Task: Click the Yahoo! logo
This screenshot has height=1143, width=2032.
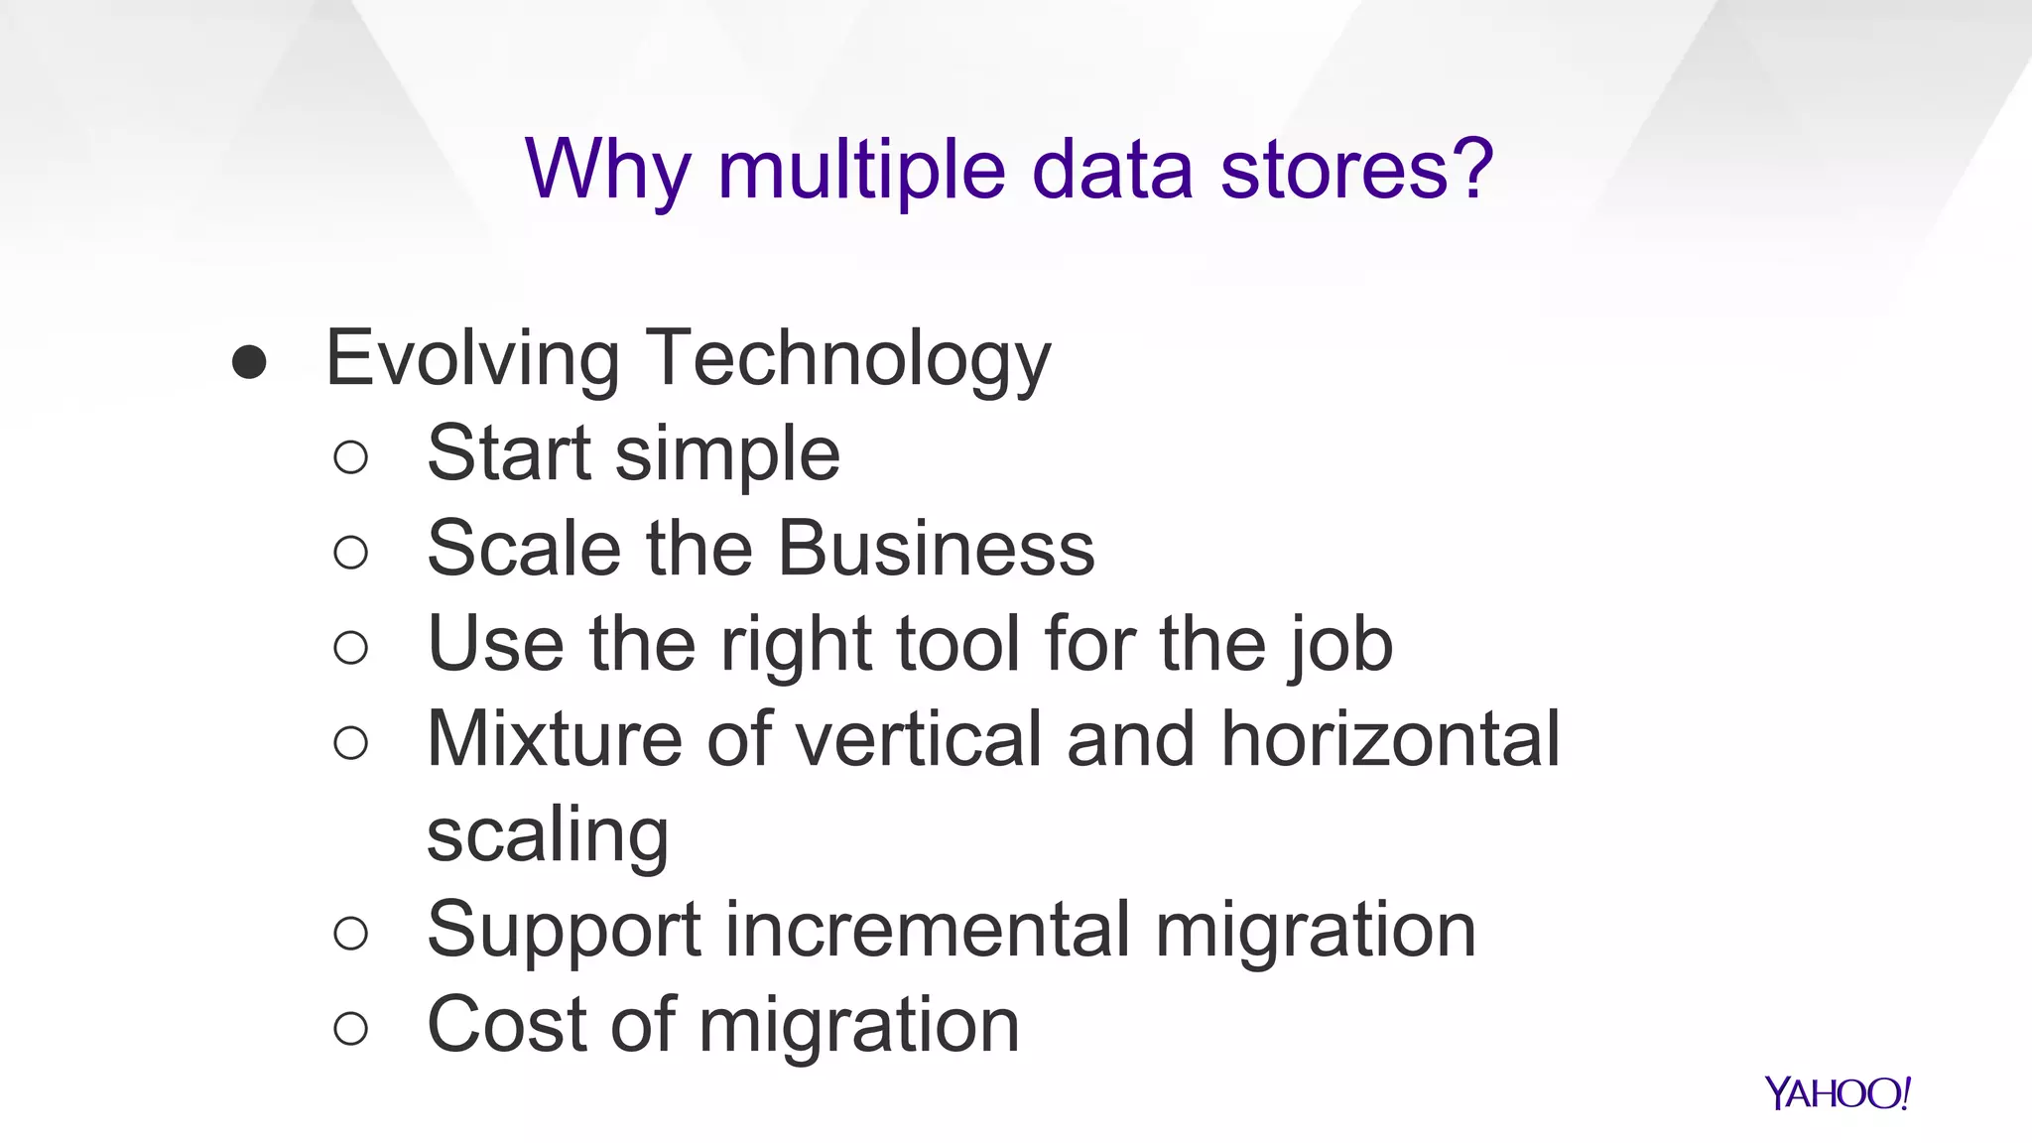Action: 1837,1093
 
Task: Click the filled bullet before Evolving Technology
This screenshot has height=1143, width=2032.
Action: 249,362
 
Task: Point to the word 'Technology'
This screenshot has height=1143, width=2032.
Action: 848,358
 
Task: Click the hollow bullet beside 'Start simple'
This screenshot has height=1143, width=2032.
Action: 351,457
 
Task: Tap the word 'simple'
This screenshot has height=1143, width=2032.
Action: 727,454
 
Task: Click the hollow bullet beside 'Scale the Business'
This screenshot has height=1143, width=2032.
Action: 351,553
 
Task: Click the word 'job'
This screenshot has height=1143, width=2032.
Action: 1341,645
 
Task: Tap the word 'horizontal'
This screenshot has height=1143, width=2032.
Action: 1390,738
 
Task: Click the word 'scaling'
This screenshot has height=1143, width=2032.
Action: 548,835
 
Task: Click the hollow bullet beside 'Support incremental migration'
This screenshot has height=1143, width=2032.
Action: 351,933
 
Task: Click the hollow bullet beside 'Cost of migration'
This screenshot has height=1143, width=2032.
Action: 351,1028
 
